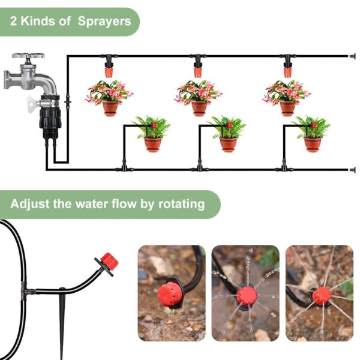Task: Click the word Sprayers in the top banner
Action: tap(104, 22)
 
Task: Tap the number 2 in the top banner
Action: tap(13, 21)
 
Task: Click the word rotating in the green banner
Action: tap(181, 204)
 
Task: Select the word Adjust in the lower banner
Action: tap(29, 204)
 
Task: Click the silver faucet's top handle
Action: tap(28, 56)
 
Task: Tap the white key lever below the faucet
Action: tap(32, 104)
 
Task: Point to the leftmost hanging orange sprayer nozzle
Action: tap(109, 72)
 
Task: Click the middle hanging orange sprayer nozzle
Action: tap(197, 72)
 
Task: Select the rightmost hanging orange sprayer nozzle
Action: tap(287, 72)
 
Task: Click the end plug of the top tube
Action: tap(352, 56)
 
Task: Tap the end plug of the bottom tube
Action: tap(352, 170)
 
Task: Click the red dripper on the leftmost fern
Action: tap(154, 125)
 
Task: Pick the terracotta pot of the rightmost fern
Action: tap(312, 145)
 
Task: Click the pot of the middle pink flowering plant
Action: tap(199, 109)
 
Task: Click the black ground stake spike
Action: tap(62, 322)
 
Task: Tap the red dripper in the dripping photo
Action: tap(170, 294)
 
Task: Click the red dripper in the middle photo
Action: tap(247, 296)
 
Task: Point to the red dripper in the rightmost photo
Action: tap(321, 296)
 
